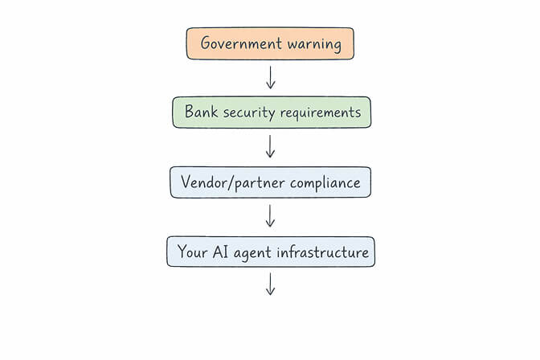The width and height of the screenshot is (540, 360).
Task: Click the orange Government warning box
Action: pyautogui.click(x=270, y=43)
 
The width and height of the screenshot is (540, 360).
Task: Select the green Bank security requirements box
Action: pyautogui.click(x=272, y=112)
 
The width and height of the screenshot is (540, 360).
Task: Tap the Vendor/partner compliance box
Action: pyautogui.click(x=270, y=182)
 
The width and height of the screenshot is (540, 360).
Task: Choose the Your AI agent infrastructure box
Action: pyautogui.click(x=270, y=252)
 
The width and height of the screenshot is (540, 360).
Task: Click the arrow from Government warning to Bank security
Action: pyautogui.click(x=271, y=78)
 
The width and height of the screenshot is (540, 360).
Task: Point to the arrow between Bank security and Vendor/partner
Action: pyautogui.click(x=271, y=147)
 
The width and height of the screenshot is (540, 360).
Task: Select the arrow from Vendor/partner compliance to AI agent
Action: pyautogui.click(x=271, y=216)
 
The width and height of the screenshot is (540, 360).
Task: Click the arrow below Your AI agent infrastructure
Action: pyautogui.click(x=271, y=284)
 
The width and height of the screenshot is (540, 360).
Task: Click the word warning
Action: pyautogui.click(x=313, y=43)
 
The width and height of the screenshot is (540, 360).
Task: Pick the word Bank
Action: pyautogui.click(x=201, y=112)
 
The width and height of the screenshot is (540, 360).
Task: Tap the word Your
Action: pyautogui.click(x=193, y=252)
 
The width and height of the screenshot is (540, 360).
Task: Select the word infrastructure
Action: pyautogui.click(x=322, y=252)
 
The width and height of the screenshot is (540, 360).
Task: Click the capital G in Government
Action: pyautogui.click(x=206, y=43)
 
